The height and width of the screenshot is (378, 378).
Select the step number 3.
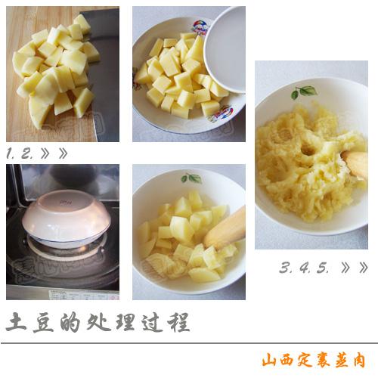point(285,268)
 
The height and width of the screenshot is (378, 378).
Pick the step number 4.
point(305,268)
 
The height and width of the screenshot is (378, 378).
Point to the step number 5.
point(324,268)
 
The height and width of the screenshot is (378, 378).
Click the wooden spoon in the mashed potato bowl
point(356,163)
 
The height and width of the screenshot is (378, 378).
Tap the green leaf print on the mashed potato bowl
point(304,91)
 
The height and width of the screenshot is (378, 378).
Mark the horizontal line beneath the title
point(189,343)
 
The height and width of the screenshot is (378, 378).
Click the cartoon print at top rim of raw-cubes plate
point(200,27)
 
